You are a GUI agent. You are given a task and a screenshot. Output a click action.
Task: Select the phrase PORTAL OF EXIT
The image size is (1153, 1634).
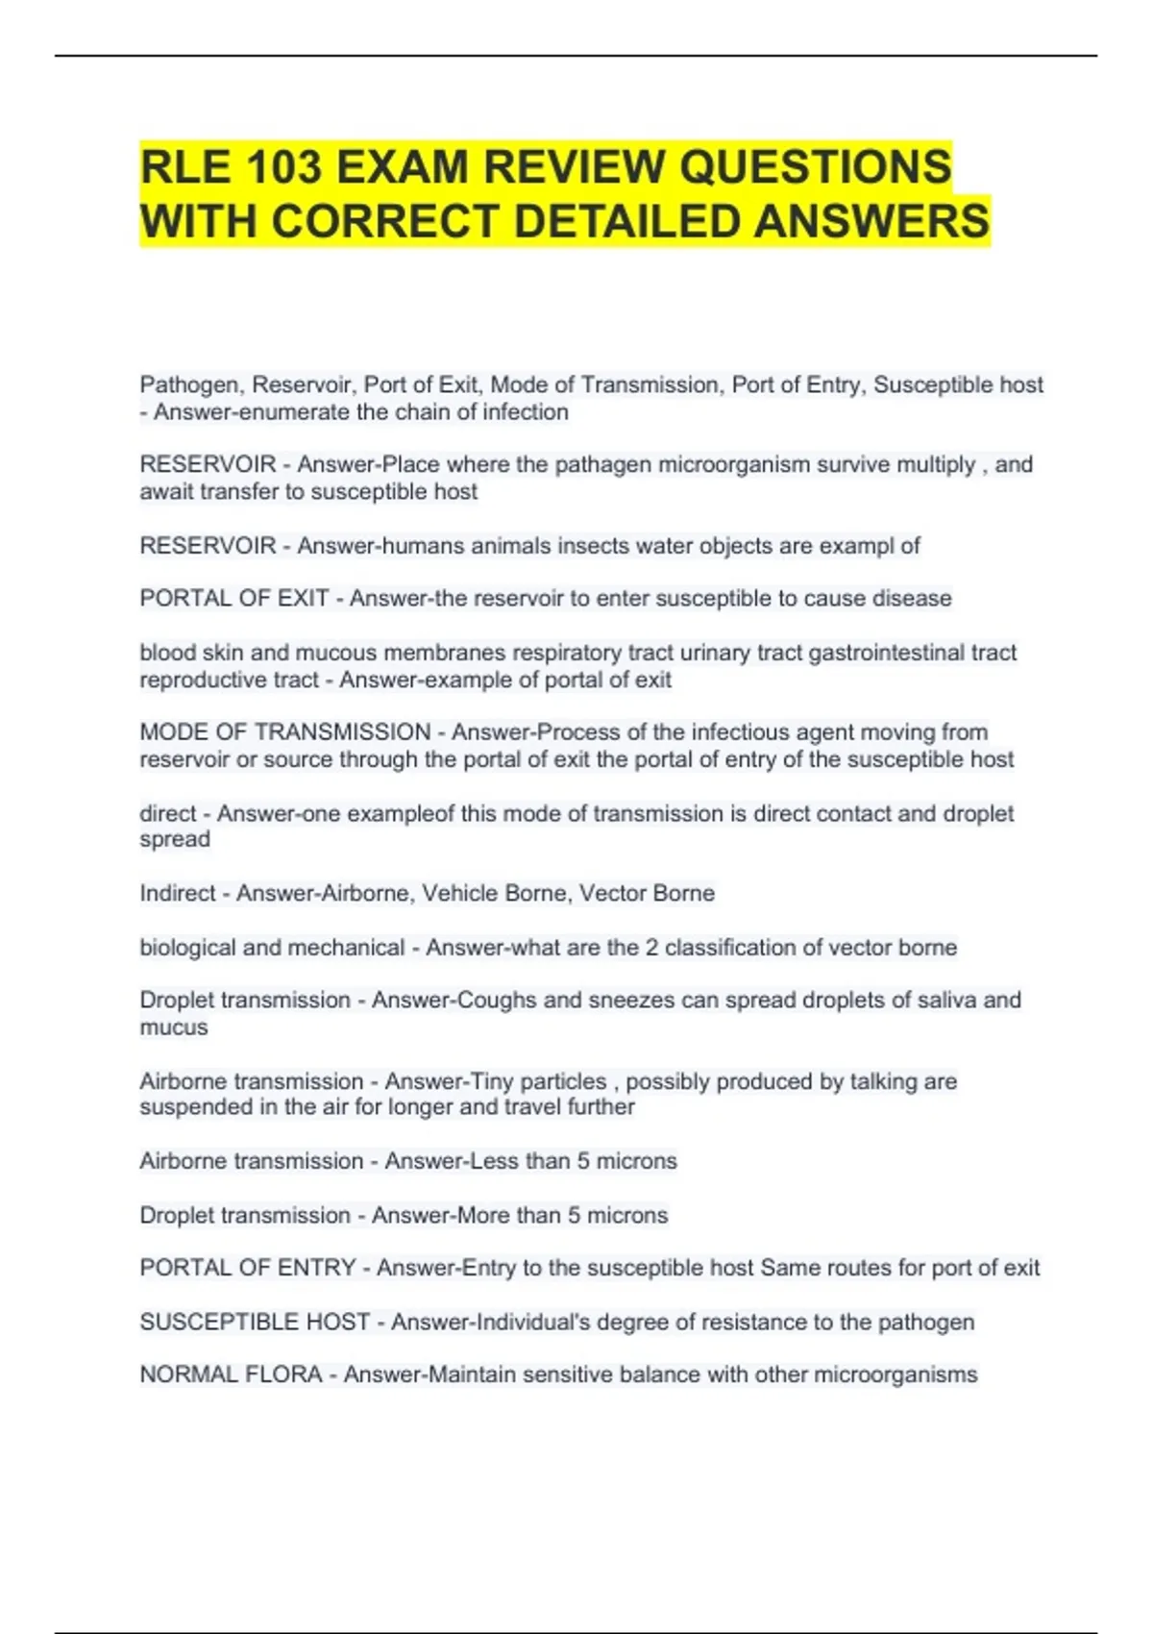[x=234, y=598]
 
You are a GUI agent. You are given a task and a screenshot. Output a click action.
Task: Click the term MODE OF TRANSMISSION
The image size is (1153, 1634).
[x=284, y=732]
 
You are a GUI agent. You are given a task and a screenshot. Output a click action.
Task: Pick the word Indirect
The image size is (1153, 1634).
[x=178, y=893]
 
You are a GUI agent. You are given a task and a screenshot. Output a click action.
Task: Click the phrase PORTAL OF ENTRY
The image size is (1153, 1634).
[x=248, y=1268]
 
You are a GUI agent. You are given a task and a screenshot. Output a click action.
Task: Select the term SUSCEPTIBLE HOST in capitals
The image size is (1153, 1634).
[x=255, y=1322]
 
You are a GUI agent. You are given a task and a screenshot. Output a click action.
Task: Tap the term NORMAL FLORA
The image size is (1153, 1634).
[x=231, y=1374]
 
